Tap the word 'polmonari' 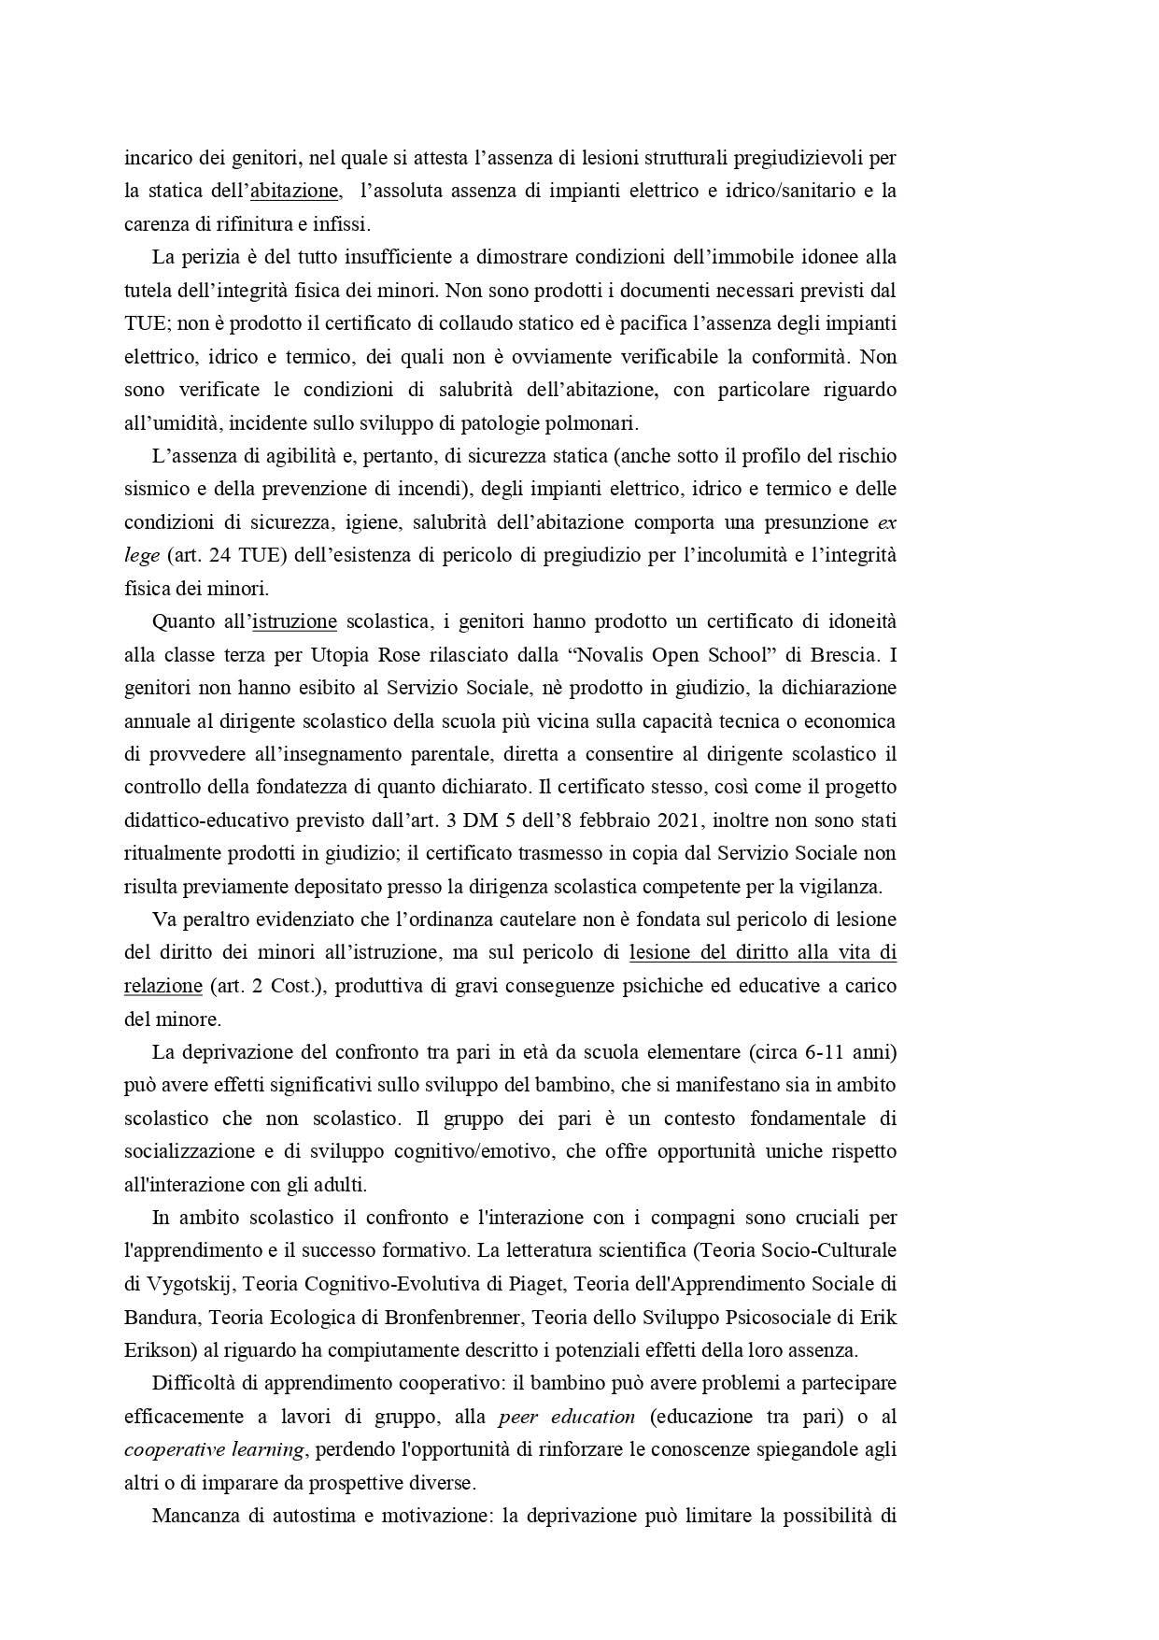click(598, 423)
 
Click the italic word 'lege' click(142, 555)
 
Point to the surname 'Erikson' click(155, 1350)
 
